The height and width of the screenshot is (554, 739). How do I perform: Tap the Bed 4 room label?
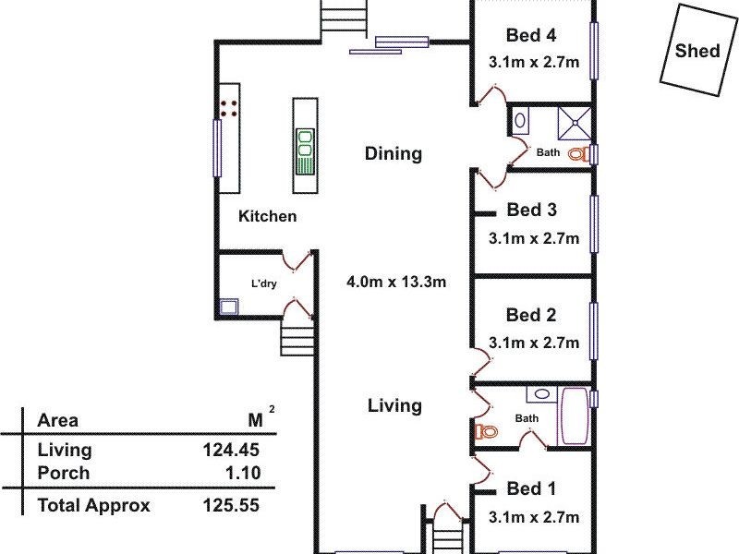coord(531,36)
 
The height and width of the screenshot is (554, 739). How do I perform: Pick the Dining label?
coord(393,153)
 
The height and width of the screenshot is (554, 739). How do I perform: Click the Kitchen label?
coord(268,216)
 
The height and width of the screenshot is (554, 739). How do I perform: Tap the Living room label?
coord(394,404)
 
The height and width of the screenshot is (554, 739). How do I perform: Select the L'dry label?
coord(264,283)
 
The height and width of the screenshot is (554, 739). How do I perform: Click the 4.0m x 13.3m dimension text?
coord(396,282)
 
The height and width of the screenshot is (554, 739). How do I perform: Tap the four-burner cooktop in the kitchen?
coord(229,108)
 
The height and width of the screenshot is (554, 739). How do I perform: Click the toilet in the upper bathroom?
coord(579,154)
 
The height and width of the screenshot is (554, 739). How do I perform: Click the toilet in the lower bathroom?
coord(485,430)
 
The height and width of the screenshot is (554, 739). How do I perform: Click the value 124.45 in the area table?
coord(231,451)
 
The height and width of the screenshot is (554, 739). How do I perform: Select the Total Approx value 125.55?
coord(231,505)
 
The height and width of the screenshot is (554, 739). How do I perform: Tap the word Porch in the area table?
coord(64,473)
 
